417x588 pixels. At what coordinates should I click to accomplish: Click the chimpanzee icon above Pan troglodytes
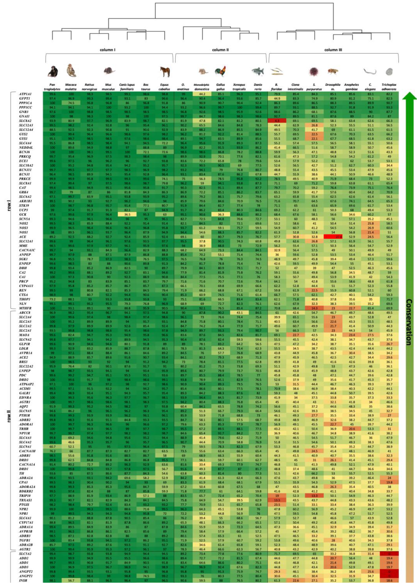pos(53,72)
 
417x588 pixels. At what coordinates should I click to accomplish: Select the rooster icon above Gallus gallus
pos(220,71)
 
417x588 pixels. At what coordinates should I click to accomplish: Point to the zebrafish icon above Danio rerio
pos(258,71)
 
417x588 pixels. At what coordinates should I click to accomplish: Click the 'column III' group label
pos(333,50)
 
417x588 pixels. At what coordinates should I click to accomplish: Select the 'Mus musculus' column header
pos(108,87)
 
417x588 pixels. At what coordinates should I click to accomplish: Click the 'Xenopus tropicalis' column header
pos(239,87)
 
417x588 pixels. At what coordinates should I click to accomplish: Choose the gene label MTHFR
pos(26,308)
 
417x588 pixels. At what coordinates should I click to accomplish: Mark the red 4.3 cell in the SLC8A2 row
pos(277,121)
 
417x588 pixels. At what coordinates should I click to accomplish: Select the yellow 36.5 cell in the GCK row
pos(127,214)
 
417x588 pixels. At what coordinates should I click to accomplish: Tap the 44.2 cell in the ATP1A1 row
pos(202,94)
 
